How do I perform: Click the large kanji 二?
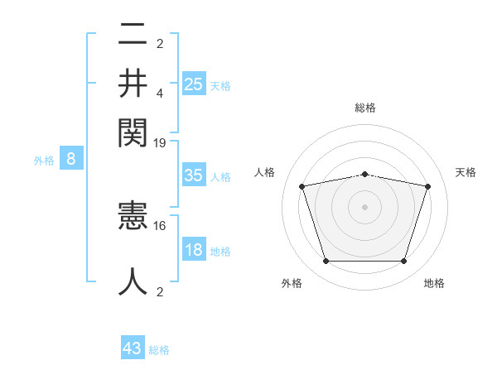pyautogui.click(x=133, y=36)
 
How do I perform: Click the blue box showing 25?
pyautogui.click(x=194, y=84)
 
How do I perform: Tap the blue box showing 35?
pyautogui.click(x=194, y=175)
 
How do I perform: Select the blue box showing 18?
pyautogui.click(x=194, y=250)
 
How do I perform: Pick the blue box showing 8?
pyautogui.click(x=71, y=160)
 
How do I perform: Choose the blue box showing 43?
pyautogui.click(x=133, y=348)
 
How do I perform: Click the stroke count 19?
pyautogui.click(x=160, y=142)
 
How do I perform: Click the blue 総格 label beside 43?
pyautogui.click(x=159, y=350)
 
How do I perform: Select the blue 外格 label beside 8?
pyautogui.click(x=43, y=161)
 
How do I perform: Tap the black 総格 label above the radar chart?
pyautogui.click(x=365, y=108)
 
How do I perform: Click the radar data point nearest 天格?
pyautogui.click(x=427, y=187)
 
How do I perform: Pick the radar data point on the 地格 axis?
pyautogui.click(x=403, y=262)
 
